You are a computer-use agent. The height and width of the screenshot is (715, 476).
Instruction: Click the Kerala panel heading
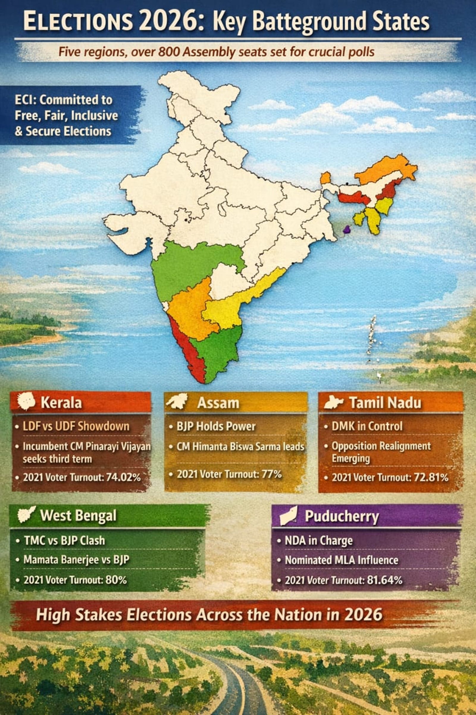[61, 403]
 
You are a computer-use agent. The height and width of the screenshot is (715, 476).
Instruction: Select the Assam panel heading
[218, 403]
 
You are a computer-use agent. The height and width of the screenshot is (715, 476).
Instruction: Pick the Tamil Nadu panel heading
[385, 403]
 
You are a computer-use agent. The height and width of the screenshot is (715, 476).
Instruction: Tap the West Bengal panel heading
[78, 515]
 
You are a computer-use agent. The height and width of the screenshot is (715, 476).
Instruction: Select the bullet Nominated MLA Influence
[342, 560]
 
